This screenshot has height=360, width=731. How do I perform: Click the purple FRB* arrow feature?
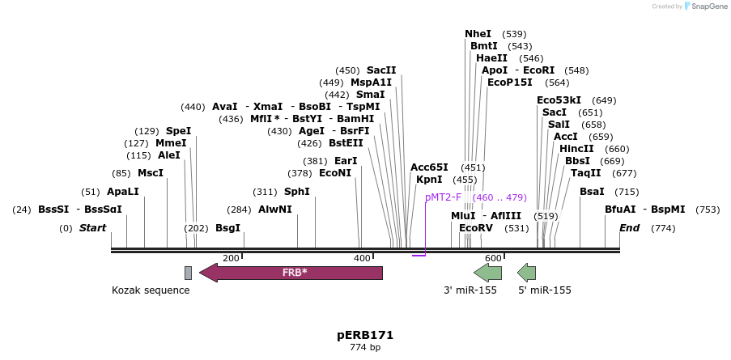click(x=291, y=273)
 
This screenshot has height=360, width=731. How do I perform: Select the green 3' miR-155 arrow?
click(x=487, y=273)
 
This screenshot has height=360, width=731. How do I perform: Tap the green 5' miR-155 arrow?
click(x=527, y=273)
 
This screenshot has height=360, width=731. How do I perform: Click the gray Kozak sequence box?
click(x=188, y=273)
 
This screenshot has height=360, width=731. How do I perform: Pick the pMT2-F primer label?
click(x=443, y=197)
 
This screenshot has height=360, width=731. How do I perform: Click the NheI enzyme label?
click(x=478, y=34)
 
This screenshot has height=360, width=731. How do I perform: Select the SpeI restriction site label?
click(x=178, y=131)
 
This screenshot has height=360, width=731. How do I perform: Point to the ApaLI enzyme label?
click(x=123, y=192)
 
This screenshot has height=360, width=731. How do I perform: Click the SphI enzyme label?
click(x=296, y=192)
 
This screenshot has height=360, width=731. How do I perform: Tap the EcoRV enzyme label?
click(x=475, y=228)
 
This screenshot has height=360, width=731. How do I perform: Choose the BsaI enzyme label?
click(x=592, y=192)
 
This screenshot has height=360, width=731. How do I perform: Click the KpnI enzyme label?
click(x=429, y=180)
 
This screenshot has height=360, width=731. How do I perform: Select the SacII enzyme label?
click(x=381, y=70)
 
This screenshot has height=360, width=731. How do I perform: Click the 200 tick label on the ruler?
click(x=231, y=258)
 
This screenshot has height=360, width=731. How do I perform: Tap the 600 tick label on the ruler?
click(x=493, y=258)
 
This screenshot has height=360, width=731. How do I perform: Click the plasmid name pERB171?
click(x=365, y=334)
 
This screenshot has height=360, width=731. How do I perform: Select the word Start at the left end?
click(x=92, y=228)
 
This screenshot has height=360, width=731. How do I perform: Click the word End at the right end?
click(x=629, y=228)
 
